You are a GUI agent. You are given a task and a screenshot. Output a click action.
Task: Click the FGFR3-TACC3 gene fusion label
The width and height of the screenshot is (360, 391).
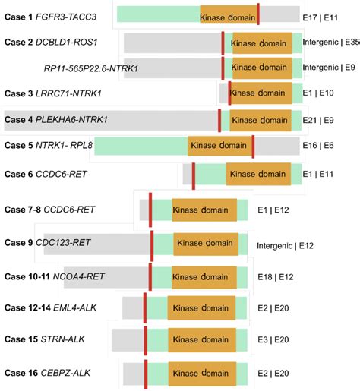point(77,16)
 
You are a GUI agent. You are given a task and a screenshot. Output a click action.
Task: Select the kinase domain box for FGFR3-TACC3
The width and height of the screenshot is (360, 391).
point(228,16)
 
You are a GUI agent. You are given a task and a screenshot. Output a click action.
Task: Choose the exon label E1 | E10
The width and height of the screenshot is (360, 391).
point(319,93)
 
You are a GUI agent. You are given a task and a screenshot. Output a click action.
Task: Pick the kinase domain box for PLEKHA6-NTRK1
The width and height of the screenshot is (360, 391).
point(259,120)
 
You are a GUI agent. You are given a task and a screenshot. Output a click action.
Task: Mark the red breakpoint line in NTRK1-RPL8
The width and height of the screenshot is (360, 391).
point(253,145)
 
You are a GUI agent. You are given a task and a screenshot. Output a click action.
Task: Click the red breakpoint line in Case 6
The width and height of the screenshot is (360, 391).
point(194,175)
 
